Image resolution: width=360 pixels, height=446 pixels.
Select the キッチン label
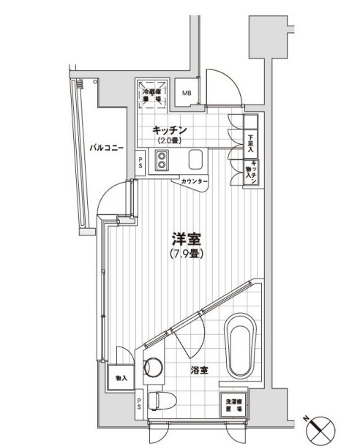170,130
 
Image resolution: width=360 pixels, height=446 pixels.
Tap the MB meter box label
187,94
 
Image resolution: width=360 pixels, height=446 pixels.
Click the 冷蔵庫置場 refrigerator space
152,94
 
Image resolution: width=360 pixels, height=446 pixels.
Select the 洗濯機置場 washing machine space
235,403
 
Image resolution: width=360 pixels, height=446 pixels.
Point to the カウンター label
194,181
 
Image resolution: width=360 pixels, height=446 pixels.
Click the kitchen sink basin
196,160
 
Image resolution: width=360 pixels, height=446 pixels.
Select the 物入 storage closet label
121,378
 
